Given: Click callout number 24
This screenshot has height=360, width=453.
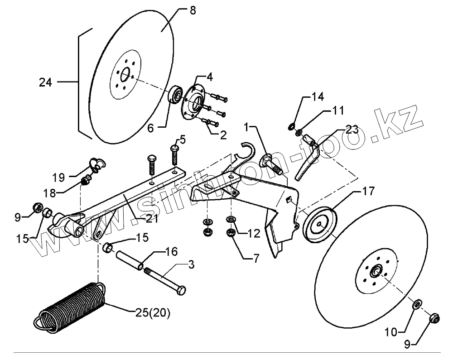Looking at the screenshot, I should point(45,83).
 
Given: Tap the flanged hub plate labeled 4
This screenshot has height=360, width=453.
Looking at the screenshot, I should point(193,102).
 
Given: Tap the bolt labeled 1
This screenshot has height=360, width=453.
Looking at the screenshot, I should point(270,164).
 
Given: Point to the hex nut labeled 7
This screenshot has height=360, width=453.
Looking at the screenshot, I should point(230,234).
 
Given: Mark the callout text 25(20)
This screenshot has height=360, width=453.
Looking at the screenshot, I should point(149,313).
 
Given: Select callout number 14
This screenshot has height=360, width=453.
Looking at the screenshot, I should point(317,96).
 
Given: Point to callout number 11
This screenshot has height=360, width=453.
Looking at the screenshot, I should point(337,110).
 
